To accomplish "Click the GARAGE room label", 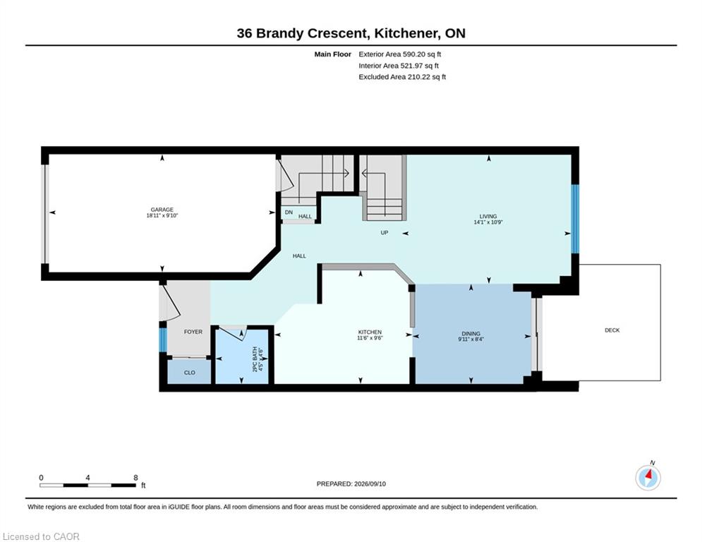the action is [x=162, y=210].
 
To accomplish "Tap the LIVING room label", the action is [x=488, y=217].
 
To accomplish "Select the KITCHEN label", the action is [x=370, y=332].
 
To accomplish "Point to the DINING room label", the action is [x=471, y=334].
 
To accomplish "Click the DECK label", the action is [x=612, y=330].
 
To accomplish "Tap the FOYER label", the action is [x=193, y=332].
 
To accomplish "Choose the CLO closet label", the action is [x=189, y=373].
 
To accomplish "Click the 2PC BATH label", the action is [x=255, y=359].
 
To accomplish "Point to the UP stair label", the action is [x=384, y=233].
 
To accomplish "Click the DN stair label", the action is [x=289, y=212].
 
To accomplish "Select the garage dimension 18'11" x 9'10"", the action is [x=162, y=215].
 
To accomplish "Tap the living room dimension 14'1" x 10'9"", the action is [x=488, y=222].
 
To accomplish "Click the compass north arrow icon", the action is [x=648, y=478].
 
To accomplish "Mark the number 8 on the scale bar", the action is [x=135, y=478].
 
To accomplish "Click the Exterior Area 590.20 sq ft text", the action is [x=400, y=54].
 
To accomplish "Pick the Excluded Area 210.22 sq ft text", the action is [x=402, y=77].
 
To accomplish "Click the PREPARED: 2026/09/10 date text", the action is [x=351, y=483].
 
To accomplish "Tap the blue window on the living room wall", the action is [x=575, y=219].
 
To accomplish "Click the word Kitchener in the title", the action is [x=406, y=33].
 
